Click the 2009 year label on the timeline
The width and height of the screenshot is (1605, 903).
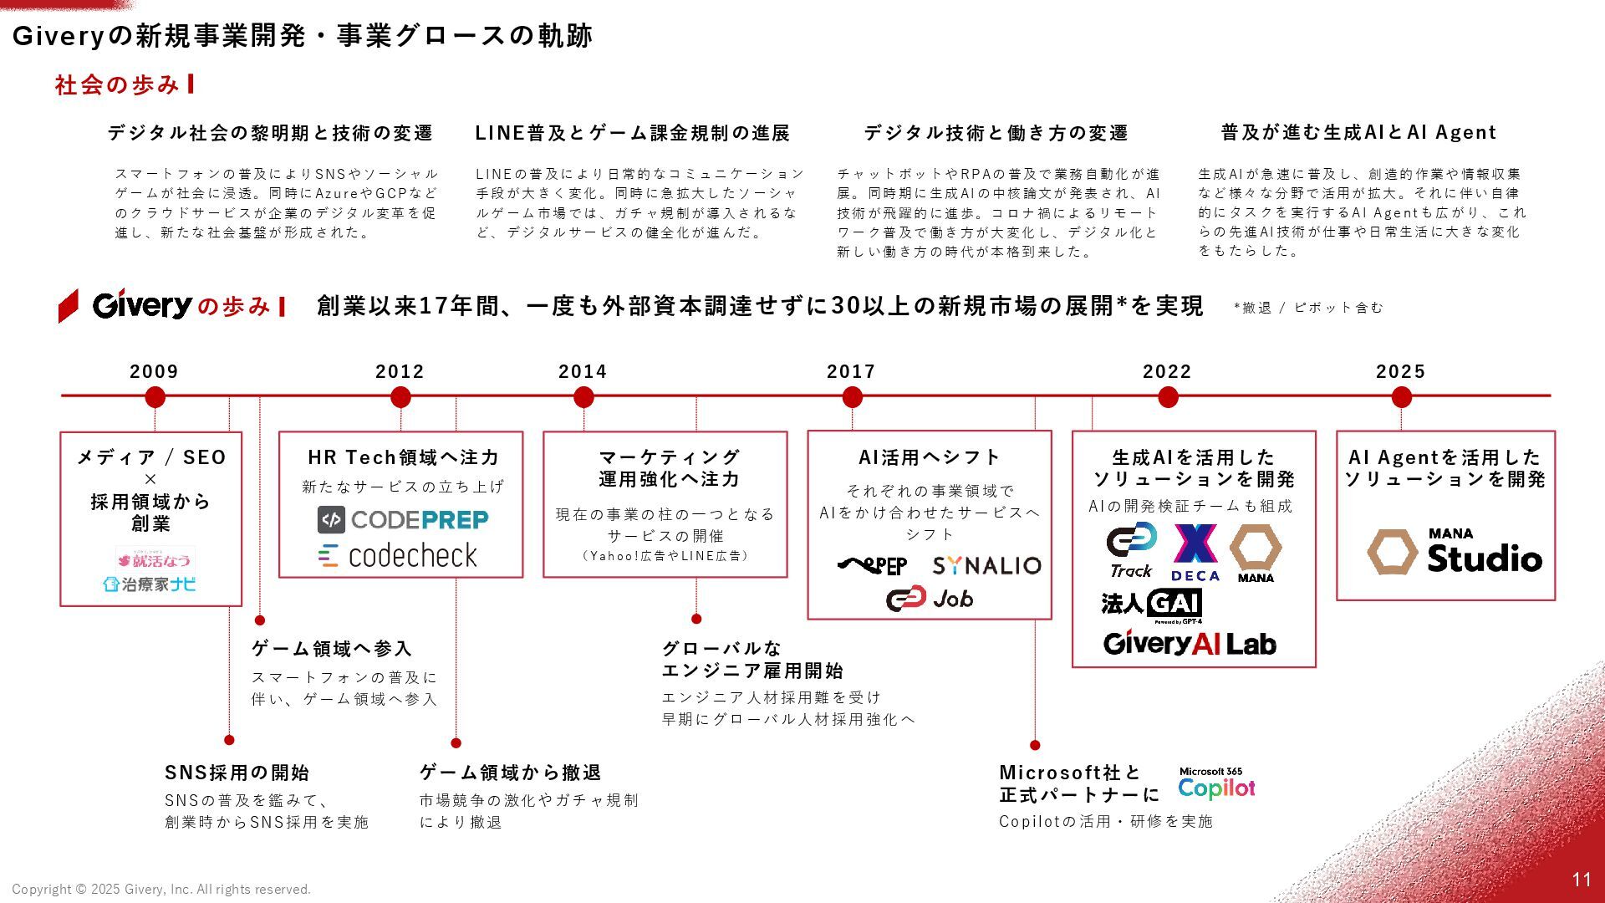154,372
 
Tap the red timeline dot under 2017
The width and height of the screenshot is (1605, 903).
852,398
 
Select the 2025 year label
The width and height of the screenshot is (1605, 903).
1400,372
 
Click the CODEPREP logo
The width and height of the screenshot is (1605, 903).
403,520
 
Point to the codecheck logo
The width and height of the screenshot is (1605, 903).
398,556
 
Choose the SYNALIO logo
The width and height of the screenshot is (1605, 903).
986,566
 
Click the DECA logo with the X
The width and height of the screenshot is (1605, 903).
1195,552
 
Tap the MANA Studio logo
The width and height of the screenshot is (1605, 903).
1455,552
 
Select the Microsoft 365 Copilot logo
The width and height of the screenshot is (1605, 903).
1216,783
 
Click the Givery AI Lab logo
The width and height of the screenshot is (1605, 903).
1190,643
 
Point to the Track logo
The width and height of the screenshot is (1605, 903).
1132,550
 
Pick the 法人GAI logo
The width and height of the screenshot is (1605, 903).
1151,605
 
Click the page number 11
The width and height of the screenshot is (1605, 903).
1581,880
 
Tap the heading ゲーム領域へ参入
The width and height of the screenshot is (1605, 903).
332,649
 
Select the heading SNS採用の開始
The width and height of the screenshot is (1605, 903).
237,773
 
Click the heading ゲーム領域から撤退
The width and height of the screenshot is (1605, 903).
510,773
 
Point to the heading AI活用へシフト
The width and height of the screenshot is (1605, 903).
930,457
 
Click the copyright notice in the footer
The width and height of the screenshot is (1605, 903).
161,890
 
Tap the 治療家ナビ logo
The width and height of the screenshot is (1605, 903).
150,584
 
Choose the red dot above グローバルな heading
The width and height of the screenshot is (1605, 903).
696,619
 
